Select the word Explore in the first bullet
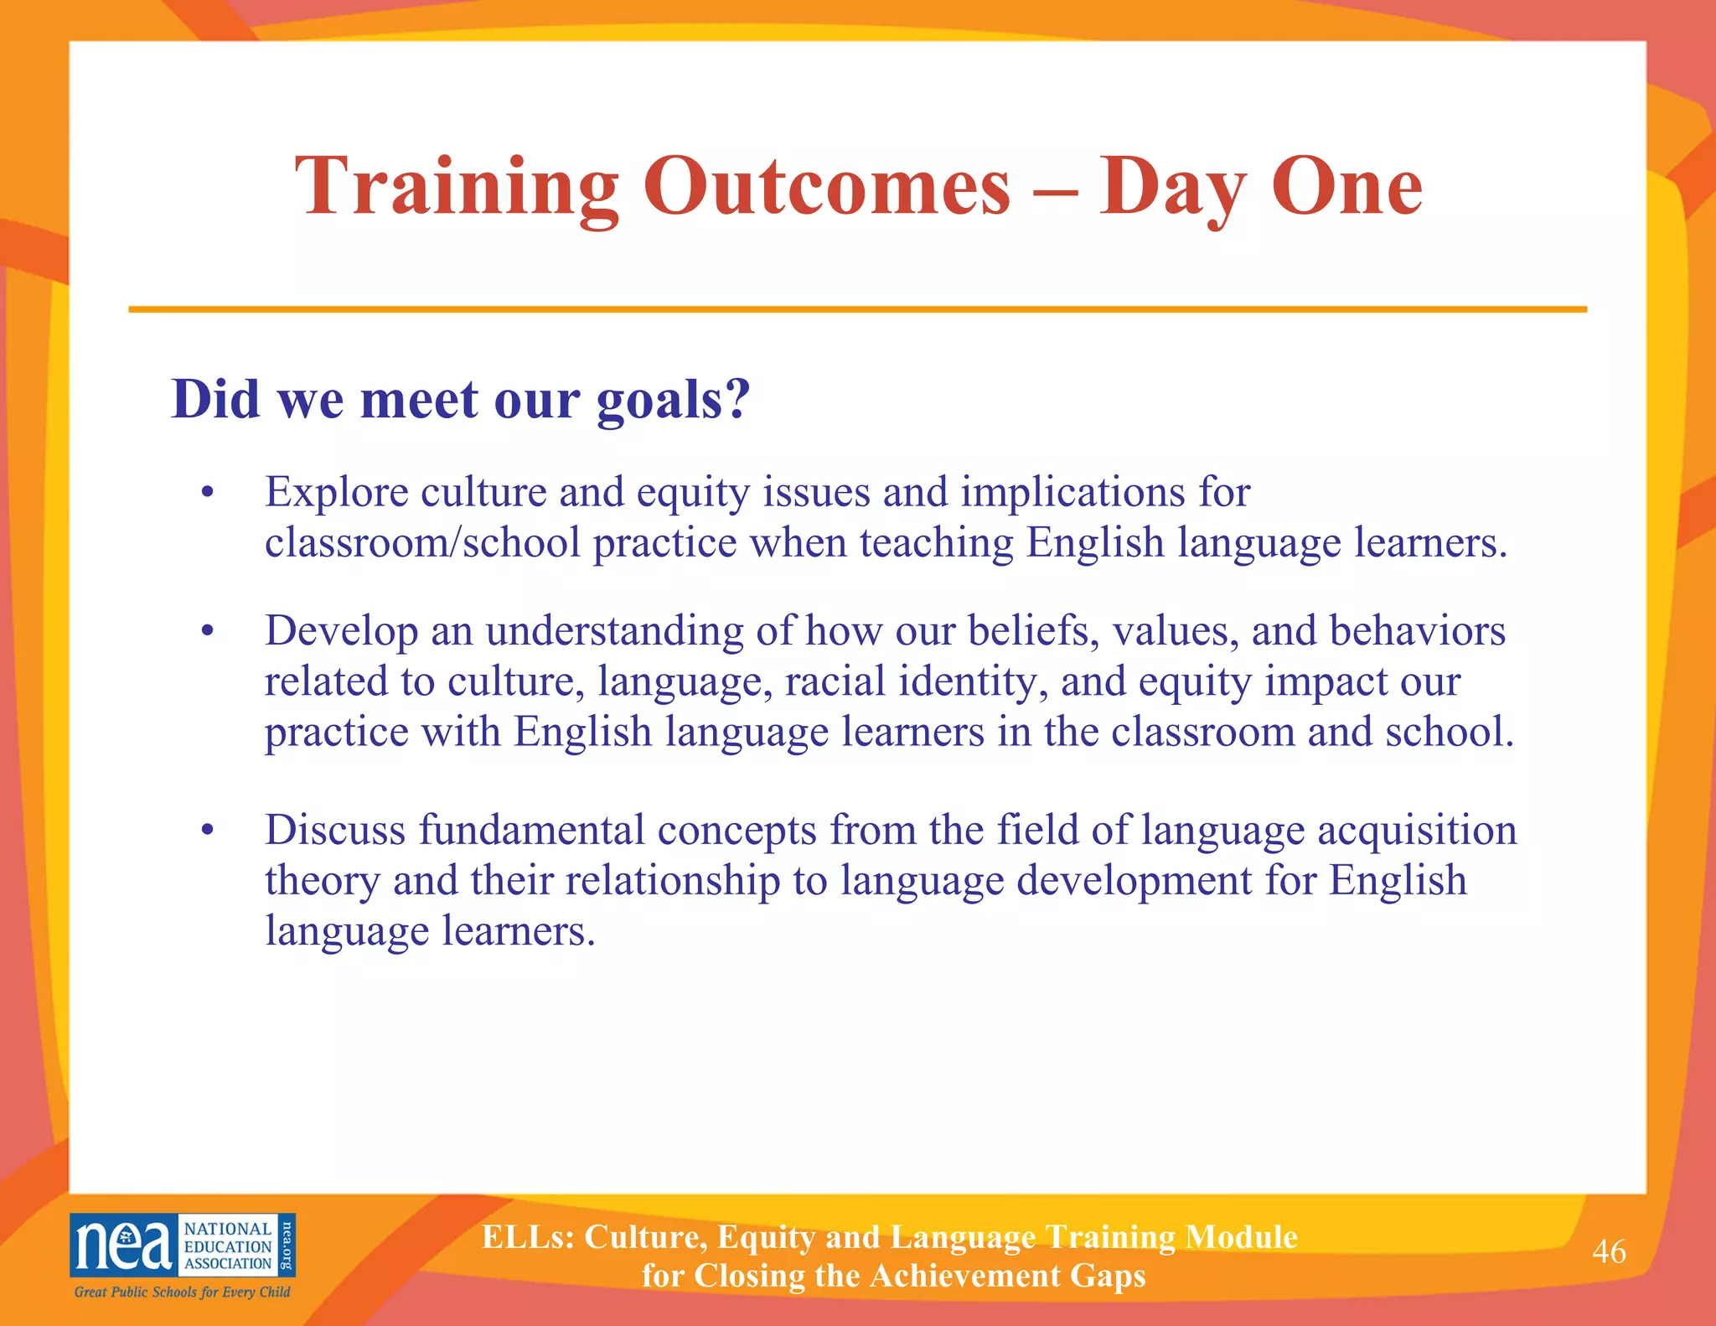click(337, 492)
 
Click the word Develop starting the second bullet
click(341, 631)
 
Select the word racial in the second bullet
click(835, 681)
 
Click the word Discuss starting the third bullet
click(335, 830)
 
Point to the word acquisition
click(1417, 830)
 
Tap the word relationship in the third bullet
click(672, 880)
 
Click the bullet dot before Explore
click(208, 494)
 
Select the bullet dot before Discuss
click(208, 831)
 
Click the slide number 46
click(1608, 1251)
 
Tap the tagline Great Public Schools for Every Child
click(182, 1292)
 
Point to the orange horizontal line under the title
click(857, 309)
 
